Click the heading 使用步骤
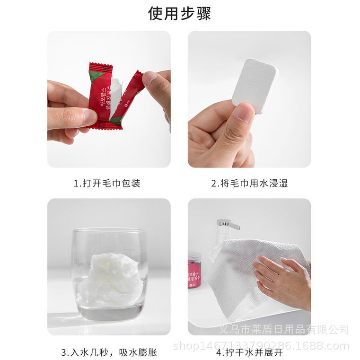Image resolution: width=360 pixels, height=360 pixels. click(180, 13)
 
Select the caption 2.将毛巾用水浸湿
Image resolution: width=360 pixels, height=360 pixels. click(249, 183)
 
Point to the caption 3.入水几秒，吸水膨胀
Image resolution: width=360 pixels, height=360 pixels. click(109, 352)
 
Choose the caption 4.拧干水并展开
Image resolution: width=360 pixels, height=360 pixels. click(249, 352)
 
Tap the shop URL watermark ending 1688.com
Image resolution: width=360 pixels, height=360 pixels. click(261, 346)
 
